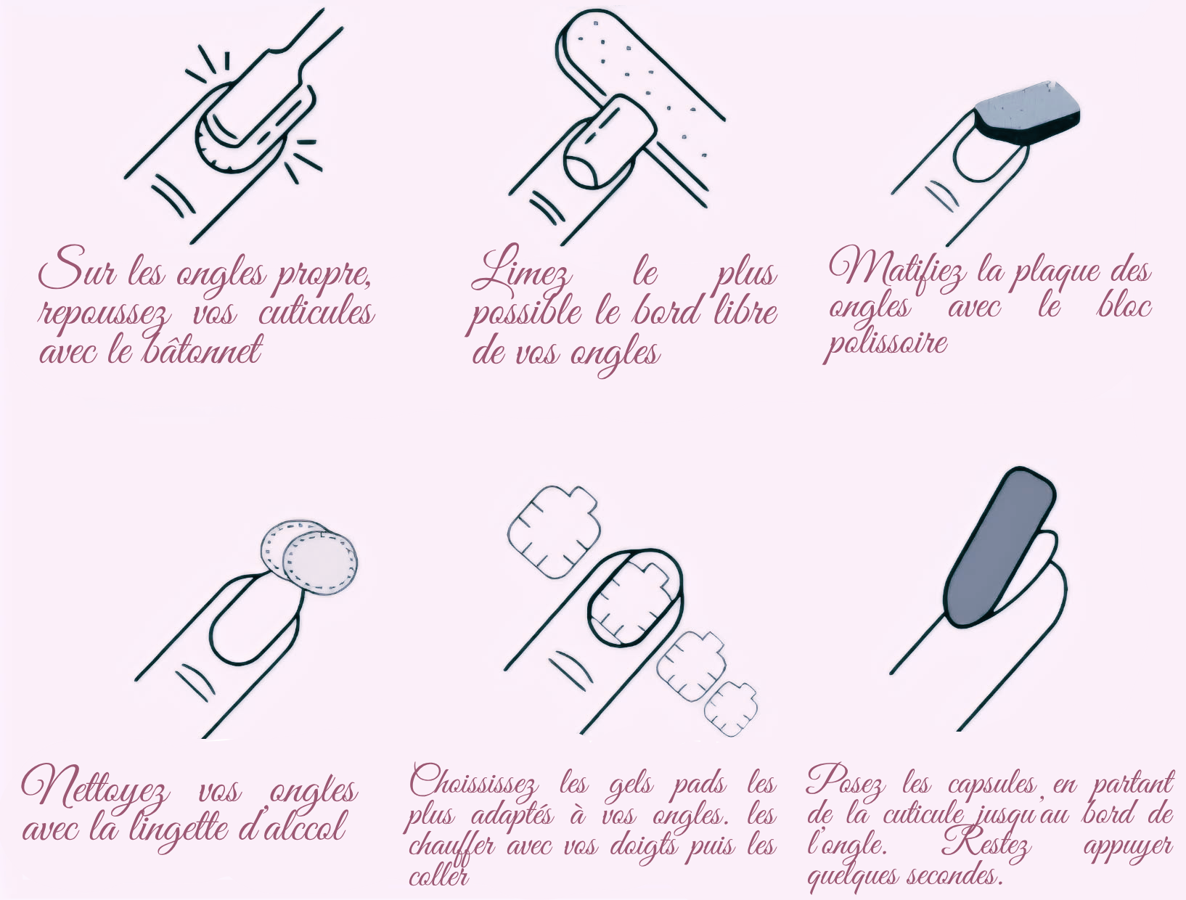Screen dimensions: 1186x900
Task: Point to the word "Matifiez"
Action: coord(897,267)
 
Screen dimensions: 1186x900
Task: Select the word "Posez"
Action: coord(845,782)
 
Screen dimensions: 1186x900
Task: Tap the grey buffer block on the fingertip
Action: coord(1028,113)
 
